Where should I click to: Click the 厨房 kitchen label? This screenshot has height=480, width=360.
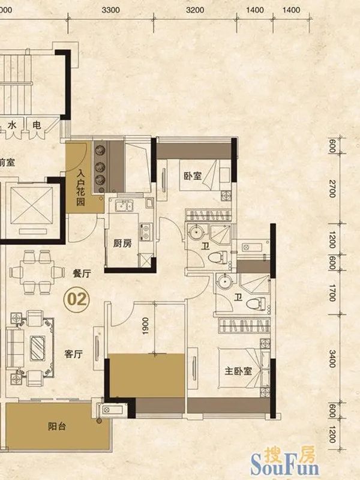[122, 243]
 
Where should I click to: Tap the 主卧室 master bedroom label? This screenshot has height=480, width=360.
[238, 371]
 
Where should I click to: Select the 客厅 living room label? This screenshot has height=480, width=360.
[73, 354]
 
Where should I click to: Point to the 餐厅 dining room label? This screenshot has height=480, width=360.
[82, 273]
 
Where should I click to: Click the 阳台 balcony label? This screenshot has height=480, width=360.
[57, 426]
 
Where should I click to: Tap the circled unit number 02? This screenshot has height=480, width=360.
[77, 299]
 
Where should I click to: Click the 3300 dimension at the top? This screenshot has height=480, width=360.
[110, 10]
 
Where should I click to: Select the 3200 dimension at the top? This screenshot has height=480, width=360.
[195, 10]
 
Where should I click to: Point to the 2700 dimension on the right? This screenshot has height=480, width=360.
[333, 188]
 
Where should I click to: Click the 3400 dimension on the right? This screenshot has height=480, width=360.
[333, 358]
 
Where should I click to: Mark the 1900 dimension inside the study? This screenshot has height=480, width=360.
[145, 326]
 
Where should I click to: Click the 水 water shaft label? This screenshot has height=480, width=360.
[12, 125]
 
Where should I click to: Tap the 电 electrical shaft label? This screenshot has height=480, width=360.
[37, 125]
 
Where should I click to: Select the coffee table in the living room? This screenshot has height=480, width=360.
[38, 348]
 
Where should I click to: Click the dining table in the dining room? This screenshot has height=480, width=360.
[37, 272]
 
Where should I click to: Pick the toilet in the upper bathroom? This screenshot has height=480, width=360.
[218, 257]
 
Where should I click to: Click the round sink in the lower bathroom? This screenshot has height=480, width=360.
[224, 282]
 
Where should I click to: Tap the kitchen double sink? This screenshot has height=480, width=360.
[124, 206]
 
